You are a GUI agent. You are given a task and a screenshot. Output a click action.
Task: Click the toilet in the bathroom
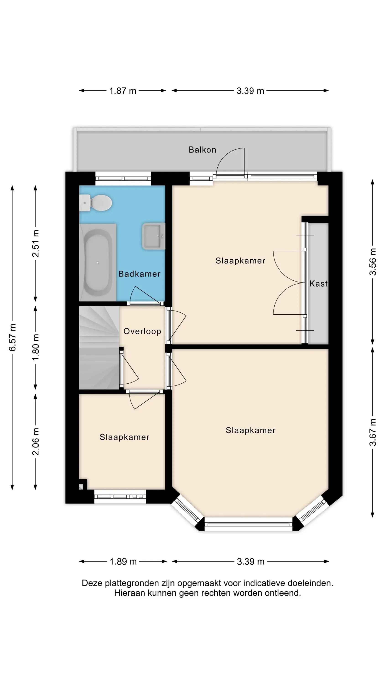[x=96, y=203]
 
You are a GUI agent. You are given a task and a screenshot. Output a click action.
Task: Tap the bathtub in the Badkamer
[x=98, y=262]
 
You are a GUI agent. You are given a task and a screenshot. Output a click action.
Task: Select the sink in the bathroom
[x=153, y=236]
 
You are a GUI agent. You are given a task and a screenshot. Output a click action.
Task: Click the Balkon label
[x=203, y=150]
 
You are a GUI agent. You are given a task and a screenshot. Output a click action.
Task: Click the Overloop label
[x=142, y=331]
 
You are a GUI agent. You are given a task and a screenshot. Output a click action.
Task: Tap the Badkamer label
[x=139, y=274]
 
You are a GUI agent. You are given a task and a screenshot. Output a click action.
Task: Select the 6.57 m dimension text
[x=12, y=337]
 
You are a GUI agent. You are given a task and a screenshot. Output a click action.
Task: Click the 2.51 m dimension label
[x=36, y=244]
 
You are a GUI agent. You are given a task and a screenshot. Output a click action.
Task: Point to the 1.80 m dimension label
[x=36, y=347]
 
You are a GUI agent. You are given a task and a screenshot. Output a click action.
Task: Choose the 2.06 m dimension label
[x=36, y=442]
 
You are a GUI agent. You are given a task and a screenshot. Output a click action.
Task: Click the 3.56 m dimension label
[x=372, y=262]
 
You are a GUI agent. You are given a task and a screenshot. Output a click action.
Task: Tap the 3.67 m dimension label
[x=372, y=432]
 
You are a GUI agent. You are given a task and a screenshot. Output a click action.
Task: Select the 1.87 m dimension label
[x=123, y=91]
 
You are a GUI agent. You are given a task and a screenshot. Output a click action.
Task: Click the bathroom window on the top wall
[x=123, y=178]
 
